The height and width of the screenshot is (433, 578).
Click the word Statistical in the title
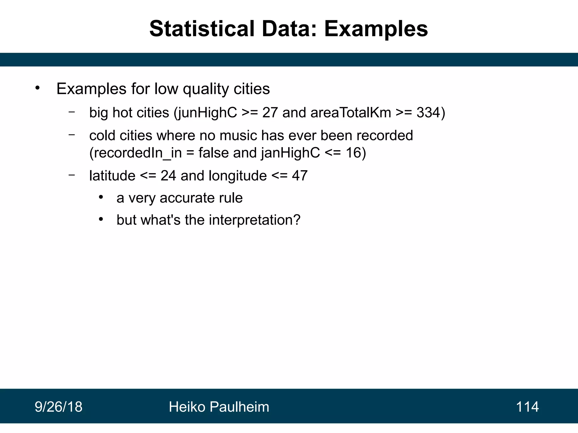coord(202,29)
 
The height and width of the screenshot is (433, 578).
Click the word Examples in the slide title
coord(376,29)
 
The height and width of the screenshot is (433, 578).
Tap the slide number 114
coord(527,407)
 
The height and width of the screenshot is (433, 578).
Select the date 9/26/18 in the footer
coord(58,407)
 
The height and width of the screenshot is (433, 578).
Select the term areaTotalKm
coord(351,112)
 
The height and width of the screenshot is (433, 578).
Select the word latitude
coord(112,176)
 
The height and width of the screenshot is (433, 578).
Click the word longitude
coord(238,176)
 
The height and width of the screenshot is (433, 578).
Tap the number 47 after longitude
coord(299,176)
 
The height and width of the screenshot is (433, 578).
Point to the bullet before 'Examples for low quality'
coord(38,88)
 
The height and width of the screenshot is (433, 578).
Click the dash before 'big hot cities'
coord(72,112)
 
